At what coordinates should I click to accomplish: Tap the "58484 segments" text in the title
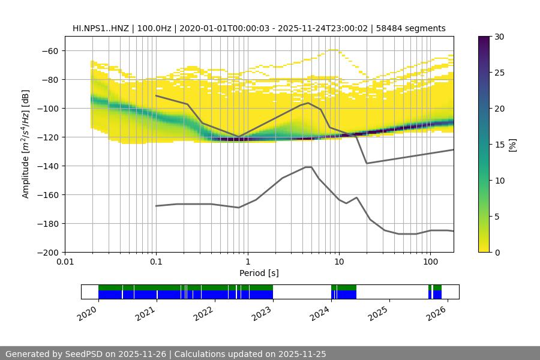click(x=415, y=28)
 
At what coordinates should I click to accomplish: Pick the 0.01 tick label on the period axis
click(x=65, y=262)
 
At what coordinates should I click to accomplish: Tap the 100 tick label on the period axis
click(x=430, y=262)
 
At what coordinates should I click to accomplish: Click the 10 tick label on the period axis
click(x=338, y=262)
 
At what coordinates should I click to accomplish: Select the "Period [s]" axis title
click(x=259, y=273)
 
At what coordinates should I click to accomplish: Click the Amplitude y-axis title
click(x=26, y=144)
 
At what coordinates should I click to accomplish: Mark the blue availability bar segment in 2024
click(x=344, y=295)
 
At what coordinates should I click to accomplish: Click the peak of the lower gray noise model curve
click(x=308, y=167)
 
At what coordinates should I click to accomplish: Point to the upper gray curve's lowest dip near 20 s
click(x=367, y=163)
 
